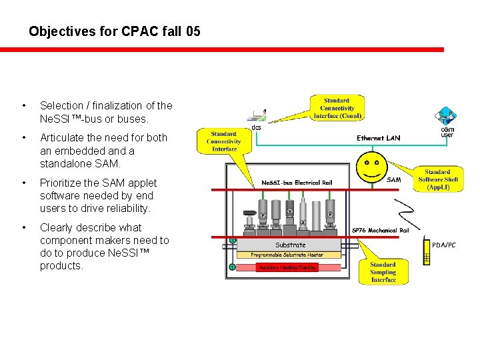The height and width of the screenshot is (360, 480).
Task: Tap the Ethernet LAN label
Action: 379,138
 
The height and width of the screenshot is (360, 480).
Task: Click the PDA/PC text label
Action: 445,245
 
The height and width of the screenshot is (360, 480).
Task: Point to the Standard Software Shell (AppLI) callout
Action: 437,180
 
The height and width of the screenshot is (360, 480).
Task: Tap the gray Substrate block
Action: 290,245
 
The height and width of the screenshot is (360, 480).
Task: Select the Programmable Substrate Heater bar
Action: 288,255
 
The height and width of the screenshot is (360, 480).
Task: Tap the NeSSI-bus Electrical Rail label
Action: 297,183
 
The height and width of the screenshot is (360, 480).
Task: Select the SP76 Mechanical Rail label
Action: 384,231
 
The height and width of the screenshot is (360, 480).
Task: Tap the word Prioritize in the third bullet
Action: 61,183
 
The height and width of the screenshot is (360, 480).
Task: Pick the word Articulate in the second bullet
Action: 62,137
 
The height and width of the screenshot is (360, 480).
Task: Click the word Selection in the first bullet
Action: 61,105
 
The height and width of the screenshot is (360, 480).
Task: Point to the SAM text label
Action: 394,179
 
